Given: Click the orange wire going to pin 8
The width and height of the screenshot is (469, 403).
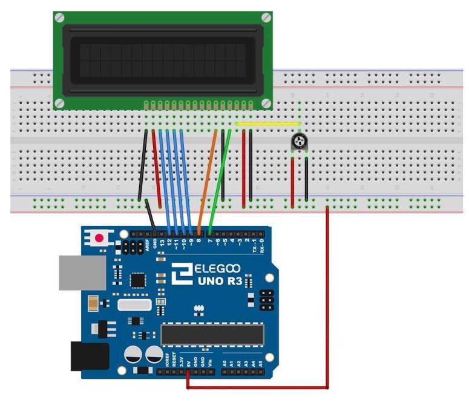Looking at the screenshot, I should pos(207,181).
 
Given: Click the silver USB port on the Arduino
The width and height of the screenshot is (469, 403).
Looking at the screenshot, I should pos(75,271).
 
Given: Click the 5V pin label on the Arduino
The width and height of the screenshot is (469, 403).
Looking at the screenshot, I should pos(188,364).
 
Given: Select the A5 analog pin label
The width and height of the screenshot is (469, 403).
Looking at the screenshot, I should pos(261,364).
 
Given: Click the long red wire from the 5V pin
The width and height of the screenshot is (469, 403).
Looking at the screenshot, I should pos(327,302).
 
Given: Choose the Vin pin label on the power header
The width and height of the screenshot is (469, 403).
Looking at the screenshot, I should pos(210,364).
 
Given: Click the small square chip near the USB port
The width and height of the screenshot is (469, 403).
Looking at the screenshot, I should pos(139,280).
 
